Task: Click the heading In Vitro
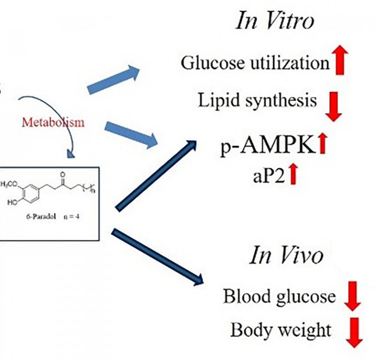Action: pos(274,21)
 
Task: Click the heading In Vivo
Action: pos(286,255)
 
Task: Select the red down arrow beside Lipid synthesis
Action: pos(333,106)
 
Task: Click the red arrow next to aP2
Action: pos(293,175)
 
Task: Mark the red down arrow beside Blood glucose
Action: pos(352,296)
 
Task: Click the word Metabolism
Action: pos(53,122)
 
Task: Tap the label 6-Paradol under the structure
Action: pos(41,217)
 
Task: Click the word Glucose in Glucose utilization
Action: pos(213,63)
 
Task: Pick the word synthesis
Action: pos(281,101)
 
